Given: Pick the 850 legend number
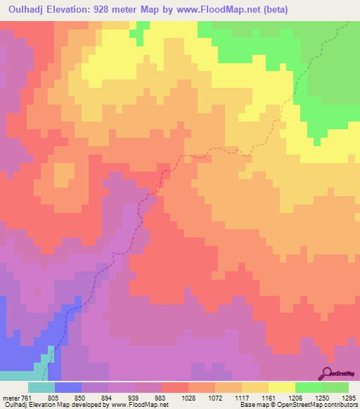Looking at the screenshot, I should (95, 397).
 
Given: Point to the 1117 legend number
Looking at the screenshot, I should (255, 397).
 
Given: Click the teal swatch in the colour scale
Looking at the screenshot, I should (41, 387).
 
